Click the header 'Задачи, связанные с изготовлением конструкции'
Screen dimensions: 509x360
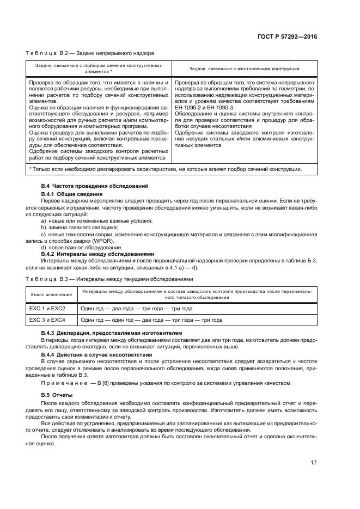pyautogui.click(x=244, y=69)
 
